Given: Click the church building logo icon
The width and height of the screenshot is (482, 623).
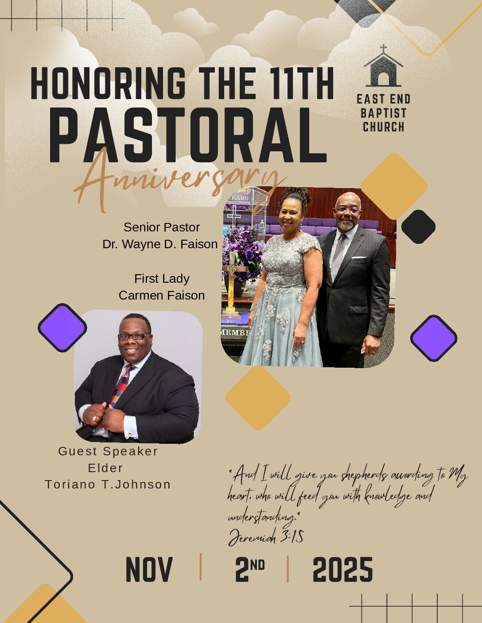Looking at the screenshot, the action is click(384, 66).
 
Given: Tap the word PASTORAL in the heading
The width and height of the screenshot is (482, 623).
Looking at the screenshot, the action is click(188, 135).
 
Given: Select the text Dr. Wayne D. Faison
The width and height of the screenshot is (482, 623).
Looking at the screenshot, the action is click(160, 244).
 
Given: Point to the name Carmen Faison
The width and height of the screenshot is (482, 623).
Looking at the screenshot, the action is click(162, 295).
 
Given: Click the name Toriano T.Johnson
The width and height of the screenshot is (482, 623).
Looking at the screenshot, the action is click(108, 485).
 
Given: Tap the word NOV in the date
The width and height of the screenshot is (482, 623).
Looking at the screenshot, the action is click(149, 569).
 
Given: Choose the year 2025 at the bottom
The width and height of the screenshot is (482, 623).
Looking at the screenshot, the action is click(342, 569).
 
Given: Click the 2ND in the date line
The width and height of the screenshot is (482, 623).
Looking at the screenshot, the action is click(250, 569).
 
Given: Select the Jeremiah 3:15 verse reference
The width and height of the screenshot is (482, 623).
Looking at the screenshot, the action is click(266, 536).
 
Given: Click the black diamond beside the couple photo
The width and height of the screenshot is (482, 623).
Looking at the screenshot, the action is click(418, 227).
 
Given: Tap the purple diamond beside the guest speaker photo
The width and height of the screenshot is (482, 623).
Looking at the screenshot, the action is click(62, 328).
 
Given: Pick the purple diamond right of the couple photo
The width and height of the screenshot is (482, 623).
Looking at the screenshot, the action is click(434, 338).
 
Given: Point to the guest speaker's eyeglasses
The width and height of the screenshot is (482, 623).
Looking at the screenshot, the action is click(134, 336).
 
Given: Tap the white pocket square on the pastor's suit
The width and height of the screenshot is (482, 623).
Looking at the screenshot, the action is click(359, 258).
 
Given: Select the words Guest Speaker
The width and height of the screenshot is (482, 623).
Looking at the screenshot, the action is click(108, 451).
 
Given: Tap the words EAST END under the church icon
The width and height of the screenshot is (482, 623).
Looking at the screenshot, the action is click(384, 99).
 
